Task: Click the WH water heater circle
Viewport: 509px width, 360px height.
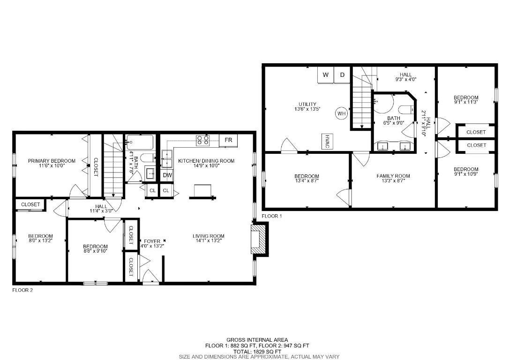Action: (341, 113)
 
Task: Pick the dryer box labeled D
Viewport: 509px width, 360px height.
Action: (342, 75)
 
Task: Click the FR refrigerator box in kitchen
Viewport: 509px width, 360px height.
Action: (228, 140)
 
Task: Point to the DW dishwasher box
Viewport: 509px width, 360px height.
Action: (167, 175)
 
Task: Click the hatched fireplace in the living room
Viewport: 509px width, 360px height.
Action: (259, 240)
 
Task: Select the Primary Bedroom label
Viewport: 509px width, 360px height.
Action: (52, 161)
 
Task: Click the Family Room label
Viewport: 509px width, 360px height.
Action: (393, 176)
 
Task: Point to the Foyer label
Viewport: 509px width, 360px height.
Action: (152, 241)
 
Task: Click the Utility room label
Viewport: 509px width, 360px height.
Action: (307, 104)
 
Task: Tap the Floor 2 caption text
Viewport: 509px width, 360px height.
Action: (22, 290)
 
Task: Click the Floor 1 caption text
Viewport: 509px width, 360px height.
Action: (272, 216)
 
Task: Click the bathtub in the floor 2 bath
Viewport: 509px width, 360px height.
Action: (140, 142)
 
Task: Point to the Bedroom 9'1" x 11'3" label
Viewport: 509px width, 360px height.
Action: (466, 97)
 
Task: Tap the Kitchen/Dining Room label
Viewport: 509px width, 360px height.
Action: (206, 161)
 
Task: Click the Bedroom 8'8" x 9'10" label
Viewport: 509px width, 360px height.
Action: (95, 247)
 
